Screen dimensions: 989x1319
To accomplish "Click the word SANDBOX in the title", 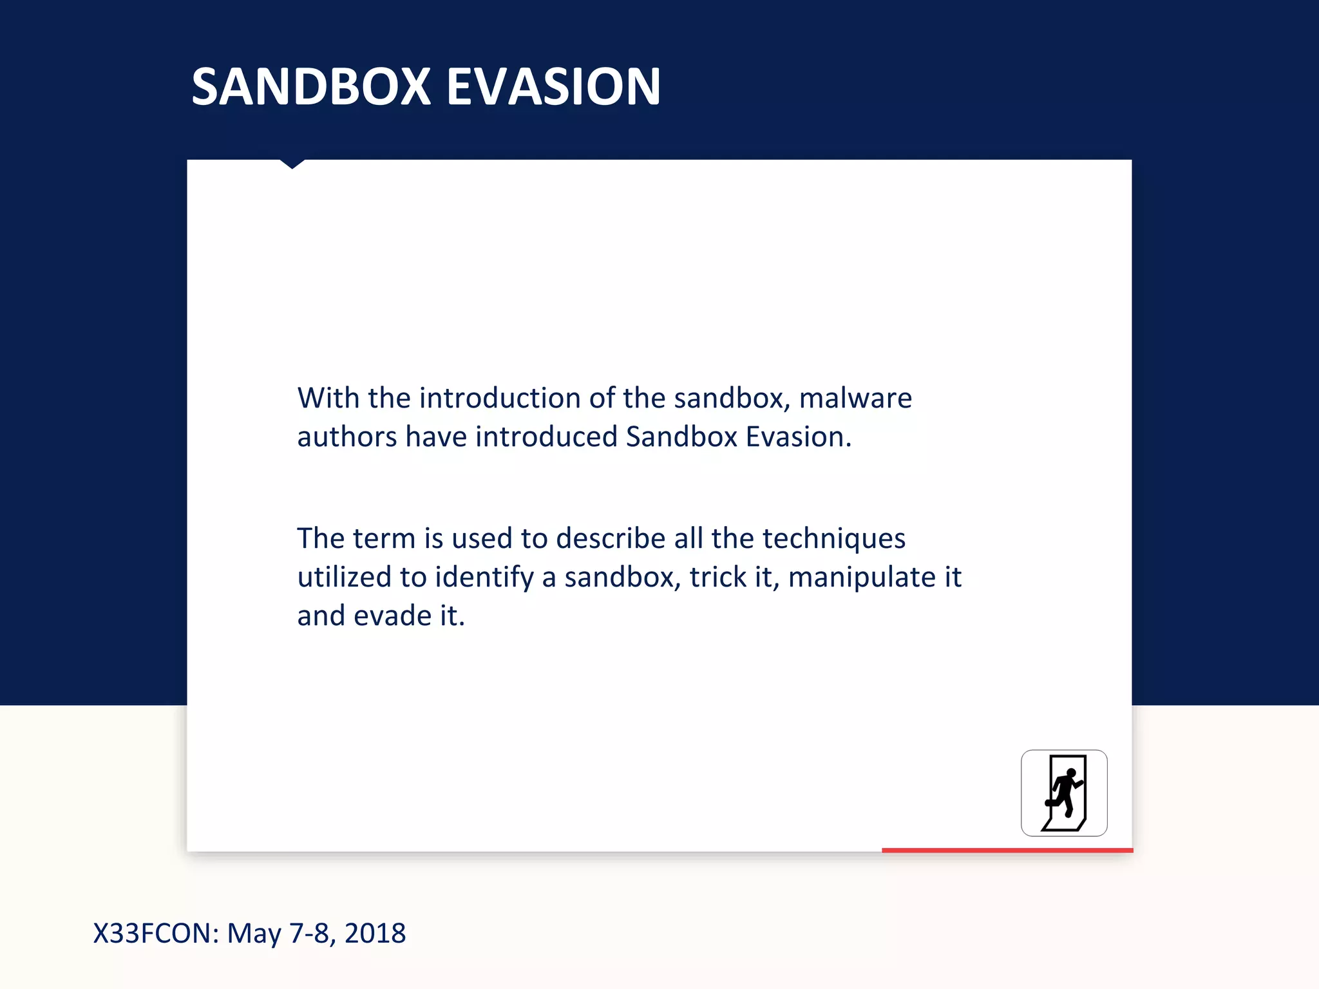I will coord(311,87).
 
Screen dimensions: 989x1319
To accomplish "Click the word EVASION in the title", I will coord(553,87).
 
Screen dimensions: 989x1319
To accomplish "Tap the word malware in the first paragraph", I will coord(855,398).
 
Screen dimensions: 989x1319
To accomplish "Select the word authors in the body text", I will coord(346,437).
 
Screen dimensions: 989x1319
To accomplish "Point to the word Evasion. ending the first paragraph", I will coord(799,437).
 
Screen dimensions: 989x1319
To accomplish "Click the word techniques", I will coord(834,538).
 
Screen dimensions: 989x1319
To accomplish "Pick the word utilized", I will coord(344,577).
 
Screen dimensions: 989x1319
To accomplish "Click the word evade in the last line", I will coord(392,616).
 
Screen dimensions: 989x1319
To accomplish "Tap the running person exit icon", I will coord(1064,793).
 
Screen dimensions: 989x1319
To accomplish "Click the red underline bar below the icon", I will coord(1007,851).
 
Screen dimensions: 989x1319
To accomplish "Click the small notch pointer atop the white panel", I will coord(292,164).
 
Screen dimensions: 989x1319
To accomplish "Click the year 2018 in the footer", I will coord(375,934).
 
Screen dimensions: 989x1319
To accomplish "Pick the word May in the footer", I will coord(254,934).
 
